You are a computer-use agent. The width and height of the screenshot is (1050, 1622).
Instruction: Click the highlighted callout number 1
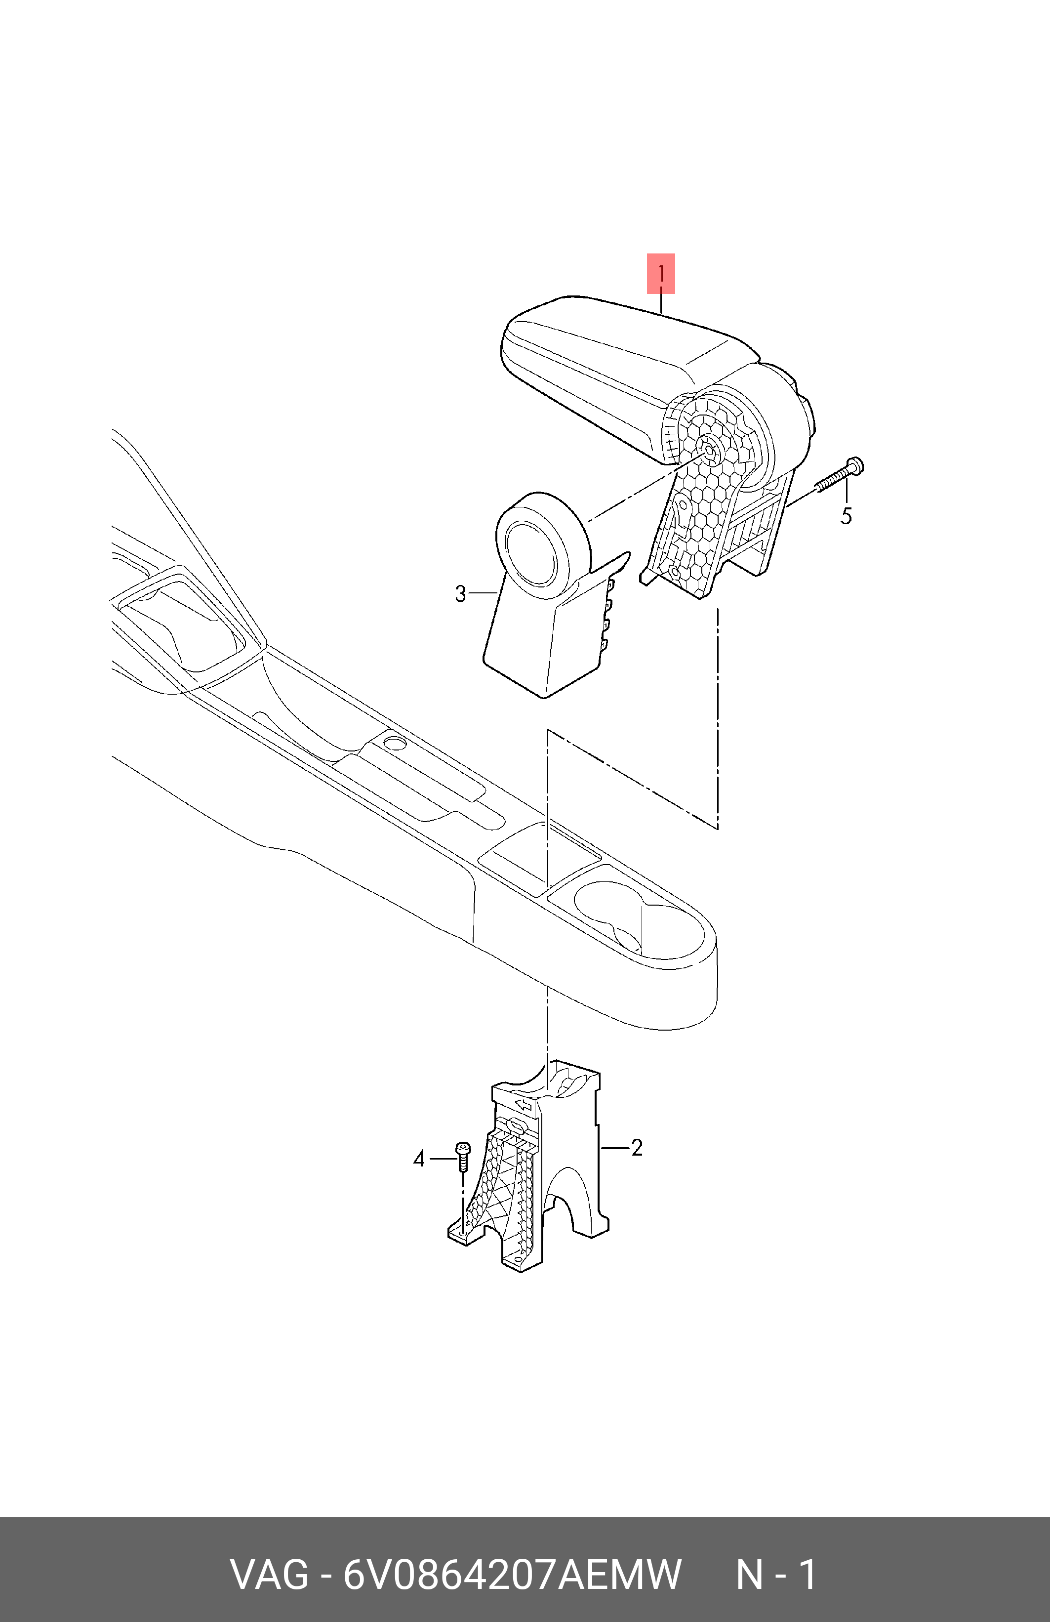660,274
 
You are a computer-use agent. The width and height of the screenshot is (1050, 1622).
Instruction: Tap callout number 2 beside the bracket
637,1148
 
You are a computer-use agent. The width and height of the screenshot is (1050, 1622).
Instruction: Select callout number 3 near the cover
461,593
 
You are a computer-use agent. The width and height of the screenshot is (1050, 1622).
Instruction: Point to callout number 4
419,1159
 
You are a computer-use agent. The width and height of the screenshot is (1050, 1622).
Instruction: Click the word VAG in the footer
269,1574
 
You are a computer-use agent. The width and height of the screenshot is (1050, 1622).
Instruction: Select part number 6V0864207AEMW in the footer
512,1574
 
